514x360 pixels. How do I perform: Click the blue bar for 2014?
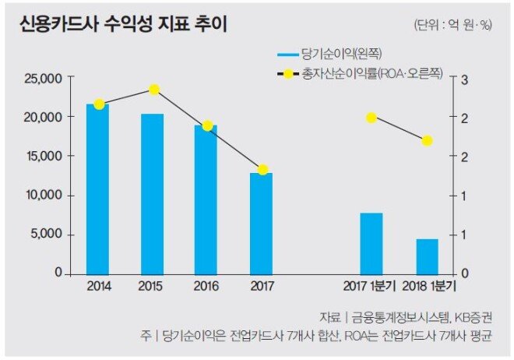(x=98, y=189)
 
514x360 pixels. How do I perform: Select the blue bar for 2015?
(x=153, y=194)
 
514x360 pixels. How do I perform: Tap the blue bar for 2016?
(x=206, y=199)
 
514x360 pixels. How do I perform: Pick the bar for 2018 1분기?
(x=427, y=256)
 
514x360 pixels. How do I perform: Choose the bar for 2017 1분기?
(x=371, y=243)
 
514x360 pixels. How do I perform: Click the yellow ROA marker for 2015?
(x=154, y=90)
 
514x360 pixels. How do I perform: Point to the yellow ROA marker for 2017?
(x=262, y=170)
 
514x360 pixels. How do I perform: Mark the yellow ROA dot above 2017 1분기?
(x=371, y=118)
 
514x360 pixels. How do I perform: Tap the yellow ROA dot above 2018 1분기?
(x=427, y=141)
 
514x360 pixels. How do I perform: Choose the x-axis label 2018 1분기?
(x=427, y=287)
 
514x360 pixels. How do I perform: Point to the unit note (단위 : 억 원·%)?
(x=454, y=25)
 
